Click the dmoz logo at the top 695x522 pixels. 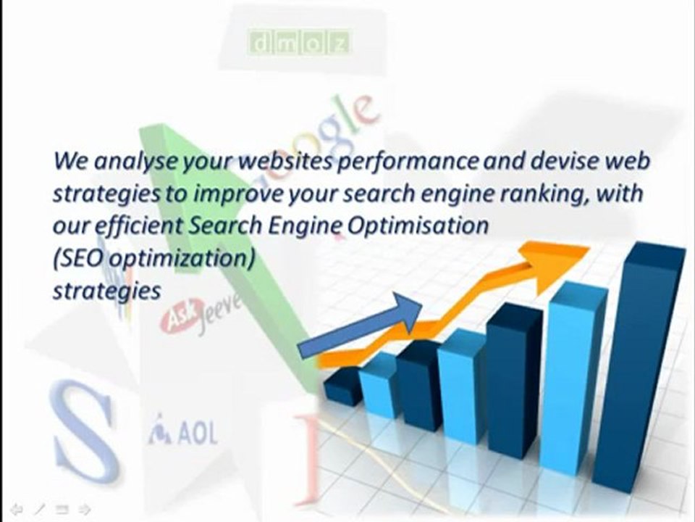point(300,43)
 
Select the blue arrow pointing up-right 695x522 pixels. point(362,319)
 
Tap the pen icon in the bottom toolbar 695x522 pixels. point(38,509)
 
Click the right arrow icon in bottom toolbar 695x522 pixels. point(84,509)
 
